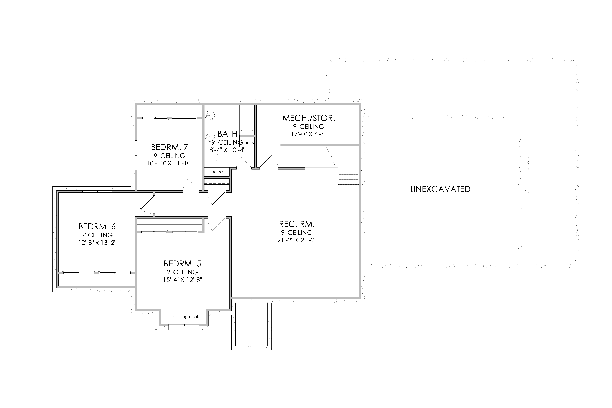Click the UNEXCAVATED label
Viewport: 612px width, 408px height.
pyautogui.click(x=440, y=189)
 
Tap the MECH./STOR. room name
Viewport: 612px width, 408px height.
pyautogui.click(x=309, y=118)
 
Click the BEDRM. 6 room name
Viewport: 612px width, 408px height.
pyautogui.click(x=97, y=226)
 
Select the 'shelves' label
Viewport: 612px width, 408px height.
pyautogui.click(x=217, y=172)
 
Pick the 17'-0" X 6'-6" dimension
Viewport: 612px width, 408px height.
pyautogui.click(x=309, y=134)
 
